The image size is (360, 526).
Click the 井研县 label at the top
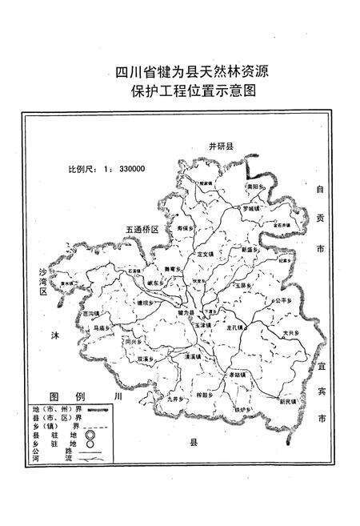[x=220, y=147]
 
